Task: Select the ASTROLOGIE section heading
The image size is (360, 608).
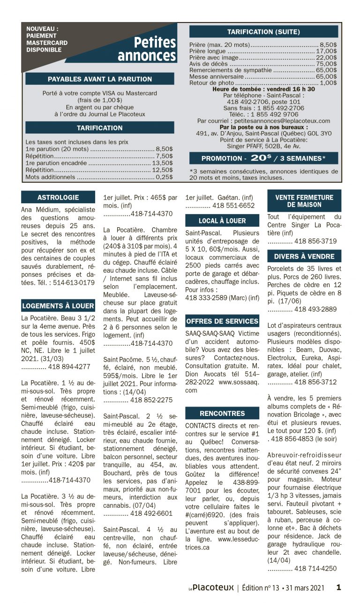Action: click(x=58, y=197)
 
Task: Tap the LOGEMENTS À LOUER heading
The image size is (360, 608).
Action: click(x=58, y=306)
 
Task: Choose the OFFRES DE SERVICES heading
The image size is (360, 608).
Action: click(x=222, y=321)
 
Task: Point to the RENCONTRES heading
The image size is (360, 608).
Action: click(x=222, y=413)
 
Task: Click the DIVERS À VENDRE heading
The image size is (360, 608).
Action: click(x=304, y=256)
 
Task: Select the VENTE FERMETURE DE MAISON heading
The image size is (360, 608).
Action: click(x=304, y=201)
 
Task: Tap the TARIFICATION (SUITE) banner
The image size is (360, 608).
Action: click(x=263, y=32)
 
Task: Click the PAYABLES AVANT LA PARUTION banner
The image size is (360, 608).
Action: click(x=100, y=79)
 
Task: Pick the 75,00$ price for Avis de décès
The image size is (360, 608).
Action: click(x=326, y=64)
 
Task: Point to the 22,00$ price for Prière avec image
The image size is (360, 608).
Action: click(x=326, y=57)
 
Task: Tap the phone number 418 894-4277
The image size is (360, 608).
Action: click(x=69, y=367)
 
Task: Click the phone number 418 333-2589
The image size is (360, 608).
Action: click(x=206, y=297)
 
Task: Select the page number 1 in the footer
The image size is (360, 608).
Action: click(x=338, y=587)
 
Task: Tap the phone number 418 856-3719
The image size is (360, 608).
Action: click(x=315, y=241)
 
